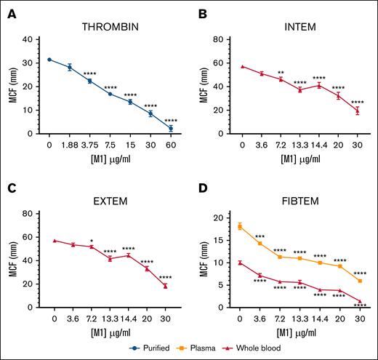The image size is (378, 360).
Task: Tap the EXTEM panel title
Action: click(x=109, y=197)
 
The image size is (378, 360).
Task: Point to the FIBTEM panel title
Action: click(x=297, y=197)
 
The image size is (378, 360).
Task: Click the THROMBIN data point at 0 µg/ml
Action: click(x=49, y=60)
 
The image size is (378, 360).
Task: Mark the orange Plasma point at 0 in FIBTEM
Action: click(x=240, y=226)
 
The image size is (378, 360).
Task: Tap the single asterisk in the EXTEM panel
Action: click(x=90, y=241)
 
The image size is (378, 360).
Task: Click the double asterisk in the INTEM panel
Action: click(x=280, y=73)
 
